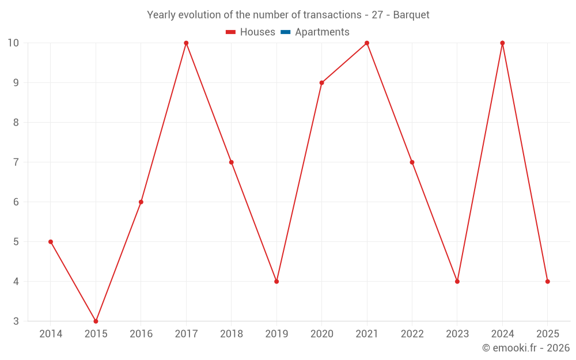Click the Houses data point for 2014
tap(51, 242)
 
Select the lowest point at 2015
tap(96, 321)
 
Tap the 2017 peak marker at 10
tap(186, 43)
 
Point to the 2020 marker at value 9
tap(321, 83)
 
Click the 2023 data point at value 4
tap(457, 282)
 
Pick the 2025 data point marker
tap(547, 282)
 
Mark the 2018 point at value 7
tap(231, 162)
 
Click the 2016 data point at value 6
tap(141, 202)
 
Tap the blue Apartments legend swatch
tap(285, 32)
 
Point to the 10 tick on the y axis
tap(13, 43)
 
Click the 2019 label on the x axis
tap(276, 334)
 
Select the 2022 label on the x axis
tap(412, 334)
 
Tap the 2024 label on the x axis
tap(502, 334)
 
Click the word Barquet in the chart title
tap(411, 15)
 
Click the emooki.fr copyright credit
tap(525, 348)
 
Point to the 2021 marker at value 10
tap(367, 43)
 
